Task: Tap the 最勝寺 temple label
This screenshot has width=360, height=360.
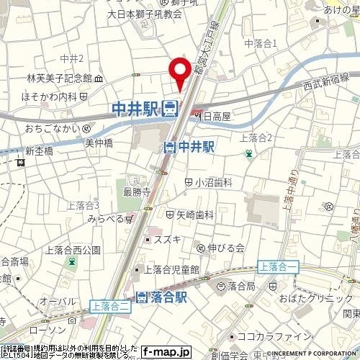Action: pyautogui.click(x=136, y=192)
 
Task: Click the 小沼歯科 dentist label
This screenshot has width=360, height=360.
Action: pyautogui.click(x=214, y=183)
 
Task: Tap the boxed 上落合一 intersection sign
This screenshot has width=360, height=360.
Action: pyautogui.click(x=279, y=266)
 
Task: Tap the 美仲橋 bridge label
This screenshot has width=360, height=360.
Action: pyautogui.click(x=100, y=143)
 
